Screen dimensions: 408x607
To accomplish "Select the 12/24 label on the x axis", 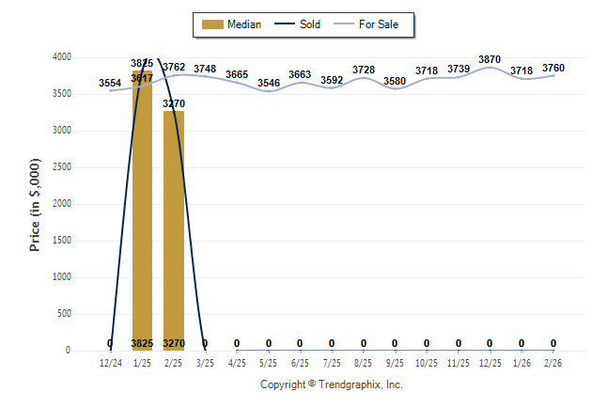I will (111, 362).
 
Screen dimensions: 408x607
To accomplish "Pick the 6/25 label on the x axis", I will (300, 362).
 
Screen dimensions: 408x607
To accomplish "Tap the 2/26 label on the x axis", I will (553, 362).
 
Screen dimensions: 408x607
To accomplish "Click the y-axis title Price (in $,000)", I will (35, 204).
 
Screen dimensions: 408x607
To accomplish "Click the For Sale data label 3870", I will (490, 59).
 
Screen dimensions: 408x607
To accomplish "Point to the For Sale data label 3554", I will (110, 84).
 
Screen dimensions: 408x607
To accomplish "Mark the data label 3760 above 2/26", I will (553, 68).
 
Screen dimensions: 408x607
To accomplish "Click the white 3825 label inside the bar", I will (142, 343).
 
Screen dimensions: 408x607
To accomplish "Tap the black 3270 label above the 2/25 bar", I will (174, 103).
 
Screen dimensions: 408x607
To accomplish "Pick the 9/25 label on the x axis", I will (395, 362).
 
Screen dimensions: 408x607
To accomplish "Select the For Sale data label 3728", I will (364, 70).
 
